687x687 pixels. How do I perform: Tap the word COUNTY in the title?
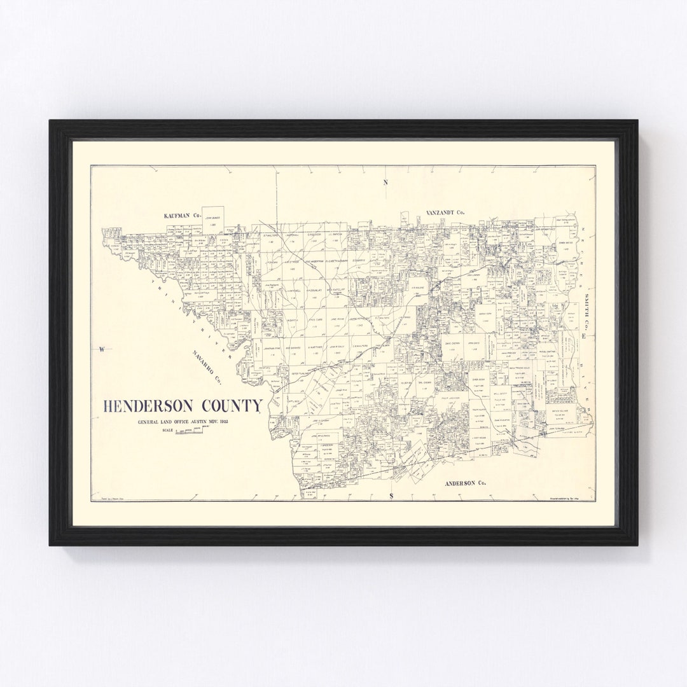point(232,406)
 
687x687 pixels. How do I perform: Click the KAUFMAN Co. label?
point(181,216)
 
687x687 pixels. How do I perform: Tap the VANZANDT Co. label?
point(445,212)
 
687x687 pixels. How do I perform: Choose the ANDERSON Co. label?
point(465,483)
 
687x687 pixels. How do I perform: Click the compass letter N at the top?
point(385,183)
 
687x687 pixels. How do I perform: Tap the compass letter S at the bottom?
point(392,495)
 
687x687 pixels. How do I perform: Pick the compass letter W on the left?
point(101,349)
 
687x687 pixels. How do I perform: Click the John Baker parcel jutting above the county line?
point(213,216)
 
